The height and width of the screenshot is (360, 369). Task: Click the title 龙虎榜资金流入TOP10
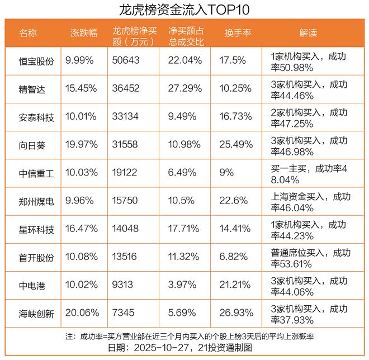click(184, 10)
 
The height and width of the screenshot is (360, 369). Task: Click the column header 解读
click(308, 33)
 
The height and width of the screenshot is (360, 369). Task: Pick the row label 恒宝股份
click(36, 61)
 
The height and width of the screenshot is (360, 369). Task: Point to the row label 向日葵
click(32, 145)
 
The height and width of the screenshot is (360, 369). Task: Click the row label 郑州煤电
click(36, 201)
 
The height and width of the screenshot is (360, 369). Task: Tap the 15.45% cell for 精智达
click(81, 88)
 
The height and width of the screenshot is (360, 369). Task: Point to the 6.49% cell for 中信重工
click(182, 173)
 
